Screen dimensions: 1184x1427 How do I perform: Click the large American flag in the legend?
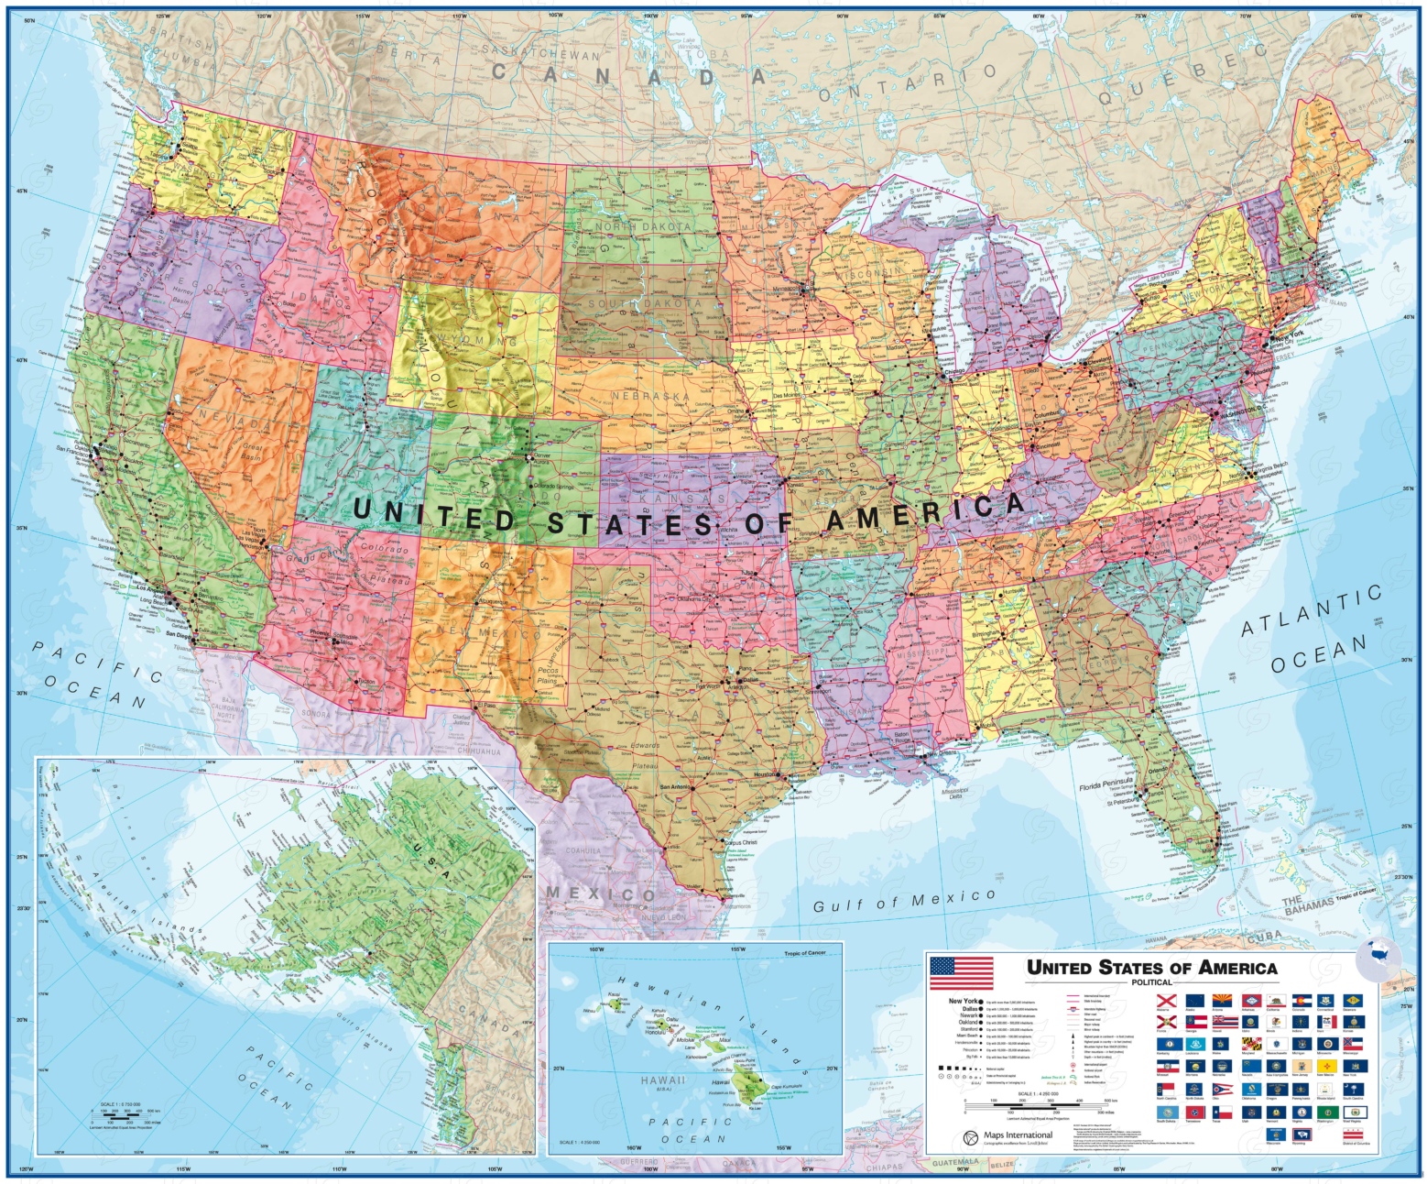[961, 973]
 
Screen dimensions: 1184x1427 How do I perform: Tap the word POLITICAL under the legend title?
[1151, 982]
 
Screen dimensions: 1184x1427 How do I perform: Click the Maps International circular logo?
[970, 1138]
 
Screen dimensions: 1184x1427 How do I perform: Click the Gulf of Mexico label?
[904, 901]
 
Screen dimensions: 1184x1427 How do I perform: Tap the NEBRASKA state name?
[650, 396]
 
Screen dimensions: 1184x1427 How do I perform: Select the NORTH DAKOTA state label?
[643, 226]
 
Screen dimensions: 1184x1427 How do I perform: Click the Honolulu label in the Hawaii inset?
[653, 1033]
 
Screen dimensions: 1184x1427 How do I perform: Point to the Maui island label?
[724, 1040]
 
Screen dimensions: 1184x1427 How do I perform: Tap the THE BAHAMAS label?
[1306, 904]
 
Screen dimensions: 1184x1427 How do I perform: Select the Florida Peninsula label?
[1112, 784]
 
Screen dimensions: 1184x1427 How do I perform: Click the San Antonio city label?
[674, 787]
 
